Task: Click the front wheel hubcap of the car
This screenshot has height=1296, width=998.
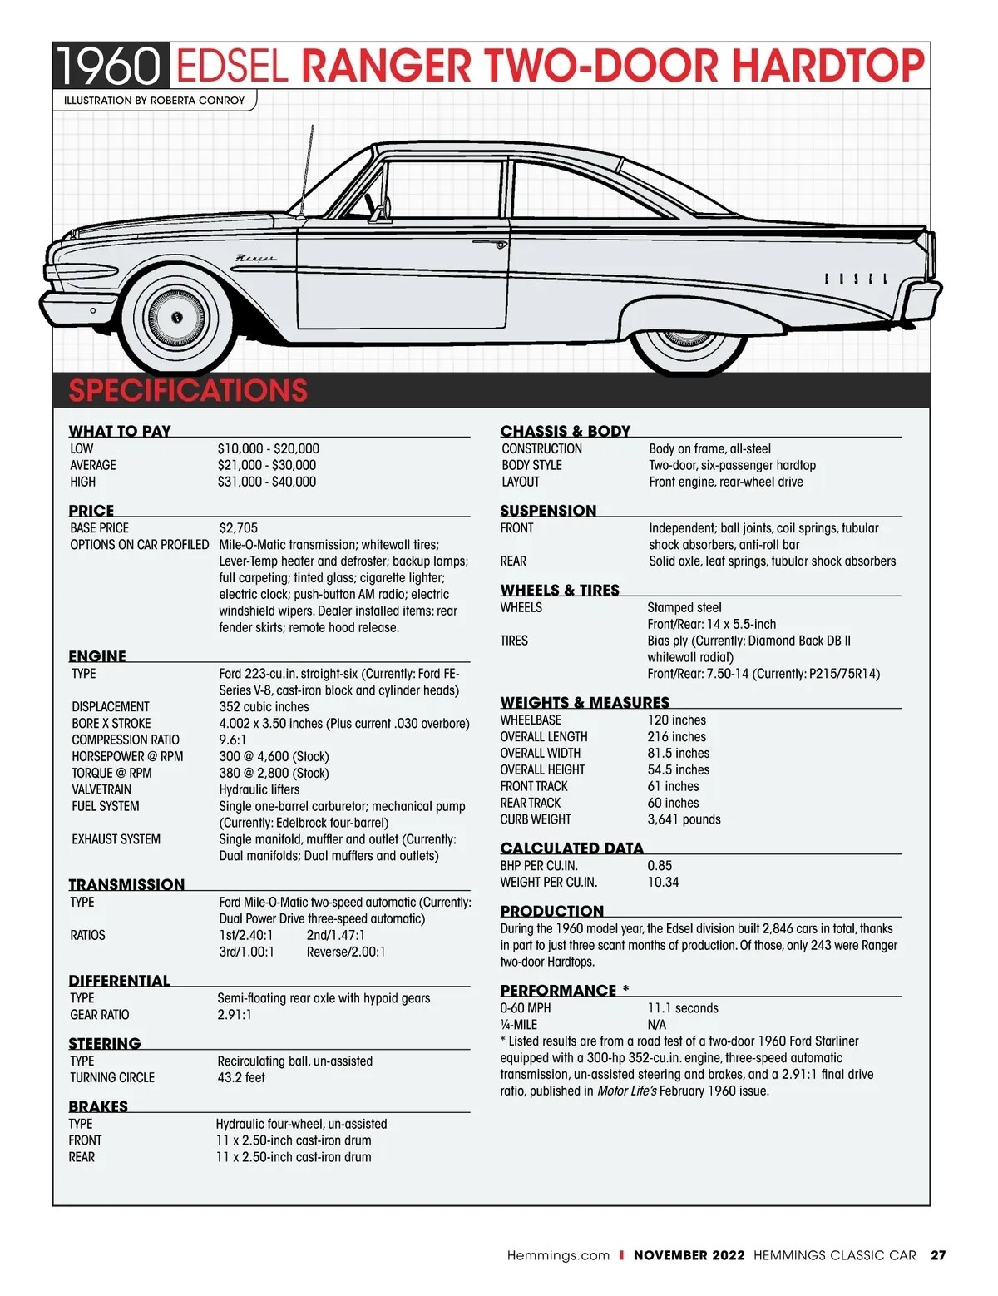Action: coord(176,317)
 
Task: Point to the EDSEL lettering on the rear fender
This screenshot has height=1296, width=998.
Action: coord(856,279)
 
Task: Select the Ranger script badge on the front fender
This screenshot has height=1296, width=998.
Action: coord(256,259)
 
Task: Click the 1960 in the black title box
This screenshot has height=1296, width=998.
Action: coord(109,67)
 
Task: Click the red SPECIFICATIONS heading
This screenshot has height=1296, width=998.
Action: coord(188,390)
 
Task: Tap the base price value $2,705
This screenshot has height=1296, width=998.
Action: coord(239,528)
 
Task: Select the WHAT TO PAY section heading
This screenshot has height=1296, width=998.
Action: coord(120,431)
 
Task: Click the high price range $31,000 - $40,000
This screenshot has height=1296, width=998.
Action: coord(267,482)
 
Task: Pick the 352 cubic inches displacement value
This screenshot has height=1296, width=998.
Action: coord(264,707)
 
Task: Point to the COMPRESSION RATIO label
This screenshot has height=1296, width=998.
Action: coord(126,740)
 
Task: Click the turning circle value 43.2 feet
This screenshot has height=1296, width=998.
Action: coord(241,1078)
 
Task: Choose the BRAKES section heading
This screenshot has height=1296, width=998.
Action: coord(98,1106)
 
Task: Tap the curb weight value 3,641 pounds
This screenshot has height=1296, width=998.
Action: coord(684,819)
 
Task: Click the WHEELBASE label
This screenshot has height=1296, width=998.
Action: coord(531,720)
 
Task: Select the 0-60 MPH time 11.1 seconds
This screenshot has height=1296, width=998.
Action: coord(683,1008)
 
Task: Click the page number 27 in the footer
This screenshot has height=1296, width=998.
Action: coord(938,1255)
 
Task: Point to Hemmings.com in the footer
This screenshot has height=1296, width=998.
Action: coord(558,1255)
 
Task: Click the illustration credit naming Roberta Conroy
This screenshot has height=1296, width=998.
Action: coord(155,101)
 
